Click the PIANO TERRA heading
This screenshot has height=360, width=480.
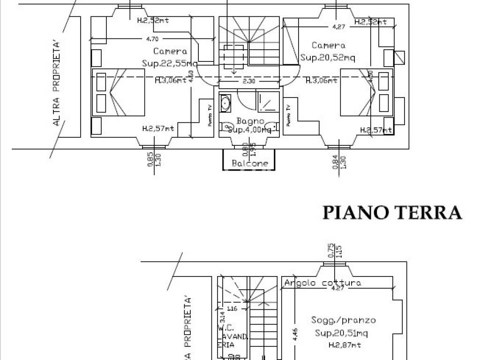pos(392,212)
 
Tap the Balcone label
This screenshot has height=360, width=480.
pos(250,164)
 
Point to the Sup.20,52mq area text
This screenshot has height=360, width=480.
pos(328,57)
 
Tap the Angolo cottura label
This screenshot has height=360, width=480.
pos(322,283)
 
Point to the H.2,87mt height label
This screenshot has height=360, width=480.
pos(344,345)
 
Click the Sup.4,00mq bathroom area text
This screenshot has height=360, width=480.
pos(249,130)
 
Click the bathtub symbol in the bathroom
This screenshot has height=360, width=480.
pos(225,103)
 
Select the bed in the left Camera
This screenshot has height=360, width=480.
pos(119,92)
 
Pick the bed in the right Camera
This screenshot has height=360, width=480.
pos(366,92)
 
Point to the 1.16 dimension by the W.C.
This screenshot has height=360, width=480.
pos(231,309)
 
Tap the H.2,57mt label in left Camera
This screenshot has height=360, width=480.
pos(158,128)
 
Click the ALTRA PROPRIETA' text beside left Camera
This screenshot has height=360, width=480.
pos(57,83)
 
